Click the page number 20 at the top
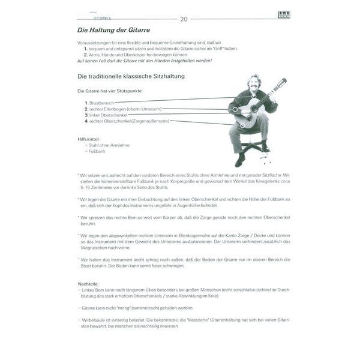click(x=184, y=20)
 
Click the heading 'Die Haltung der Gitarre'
click(x=114, y=29)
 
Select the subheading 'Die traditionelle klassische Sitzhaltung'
click(x=130, y=77)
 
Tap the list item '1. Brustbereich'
click(x=100, y=103)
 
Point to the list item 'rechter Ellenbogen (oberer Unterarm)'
click(x=123, y=109)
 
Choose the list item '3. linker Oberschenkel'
click(x=107, y=115)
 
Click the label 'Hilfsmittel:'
click(x=88, y=139)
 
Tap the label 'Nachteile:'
click(x=88, y=284)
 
